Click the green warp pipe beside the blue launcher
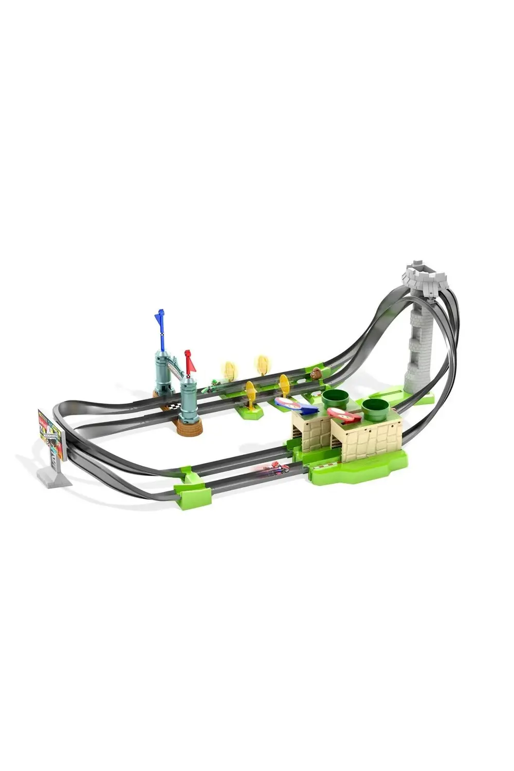click(x=334, y=398)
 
